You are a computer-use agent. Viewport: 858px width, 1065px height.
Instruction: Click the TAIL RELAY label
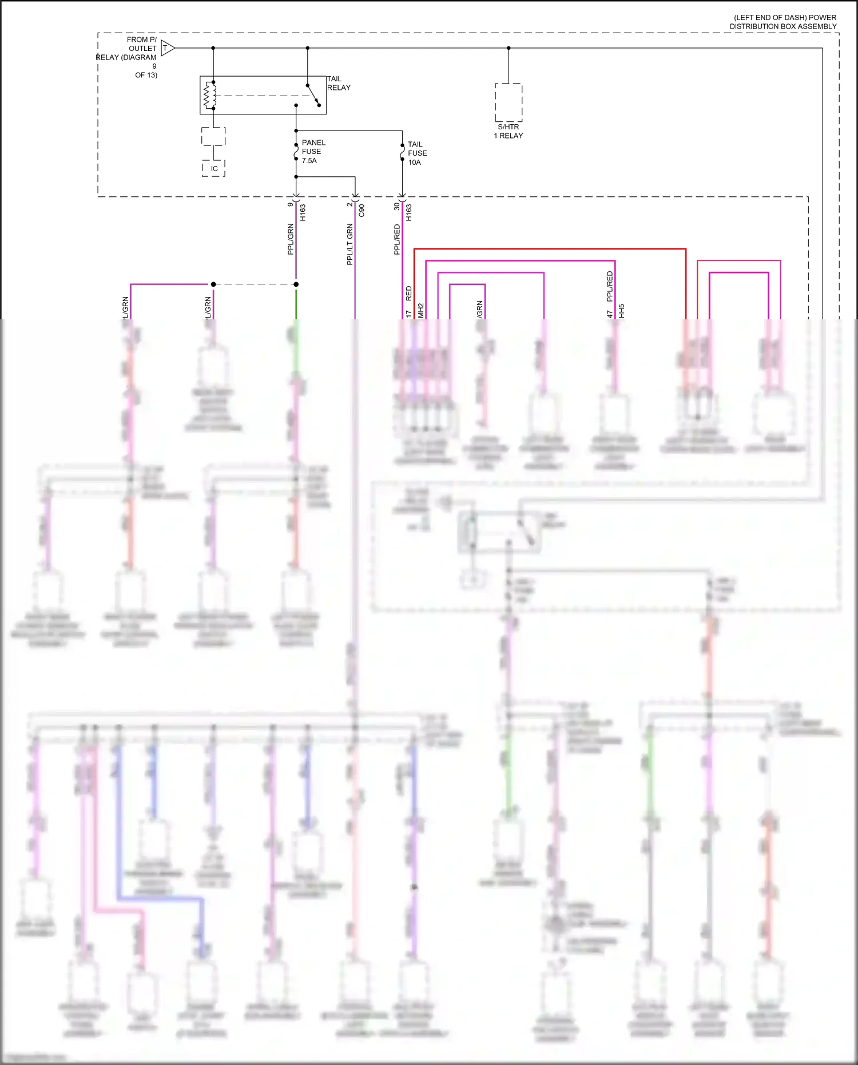tap(338, 84)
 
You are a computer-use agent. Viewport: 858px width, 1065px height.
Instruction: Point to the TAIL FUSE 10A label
tap(417, 153)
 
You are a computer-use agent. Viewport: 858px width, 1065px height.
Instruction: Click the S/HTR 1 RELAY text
tap(508, 131)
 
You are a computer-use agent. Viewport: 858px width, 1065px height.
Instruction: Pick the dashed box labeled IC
tap(213, 168)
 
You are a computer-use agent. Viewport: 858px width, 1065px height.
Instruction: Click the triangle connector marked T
tap(167, 48)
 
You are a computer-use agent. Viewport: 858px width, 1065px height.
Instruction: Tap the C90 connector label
tap(362, 211)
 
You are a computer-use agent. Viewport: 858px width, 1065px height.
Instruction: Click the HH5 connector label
tap(622, 311)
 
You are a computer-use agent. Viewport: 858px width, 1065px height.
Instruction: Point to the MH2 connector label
tap(421, 310)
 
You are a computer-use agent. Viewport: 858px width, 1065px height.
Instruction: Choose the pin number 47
tap(610, 314)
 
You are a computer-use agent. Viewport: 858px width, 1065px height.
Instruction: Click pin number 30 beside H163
tap(396, 206)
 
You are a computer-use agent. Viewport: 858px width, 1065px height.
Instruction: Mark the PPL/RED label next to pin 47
tap(610, 286)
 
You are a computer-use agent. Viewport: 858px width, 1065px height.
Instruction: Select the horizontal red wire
tap(549, 249)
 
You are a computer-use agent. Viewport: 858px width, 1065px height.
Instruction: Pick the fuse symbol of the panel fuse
tap(296, 153)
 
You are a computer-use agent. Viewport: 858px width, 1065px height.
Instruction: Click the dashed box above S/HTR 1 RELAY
tap(509, 102)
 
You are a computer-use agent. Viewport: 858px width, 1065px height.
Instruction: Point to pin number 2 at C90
tap(349, 204)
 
